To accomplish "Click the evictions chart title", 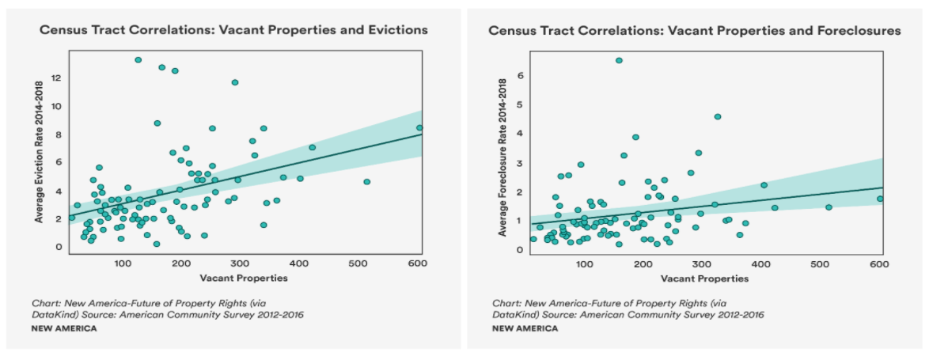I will pos(233,30).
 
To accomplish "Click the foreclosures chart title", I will pos(694,30).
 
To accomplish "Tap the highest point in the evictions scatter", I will pos(138,59).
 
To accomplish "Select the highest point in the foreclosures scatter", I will pos(619,60).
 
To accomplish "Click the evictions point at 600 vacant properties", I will pos(420,127).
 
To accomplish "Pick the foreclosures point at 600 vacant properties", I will pos(880,199).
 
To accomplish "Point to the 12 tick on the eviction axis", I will pos(57,78).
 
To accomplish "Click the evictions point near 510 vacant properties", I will pos(367,182).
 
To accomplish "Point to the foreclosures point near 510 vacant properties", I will pos(829,207).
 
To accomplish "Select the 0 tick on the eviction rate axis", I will pos(57,247).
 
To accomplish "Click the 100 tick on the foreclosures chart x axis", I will pos(584,263).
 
